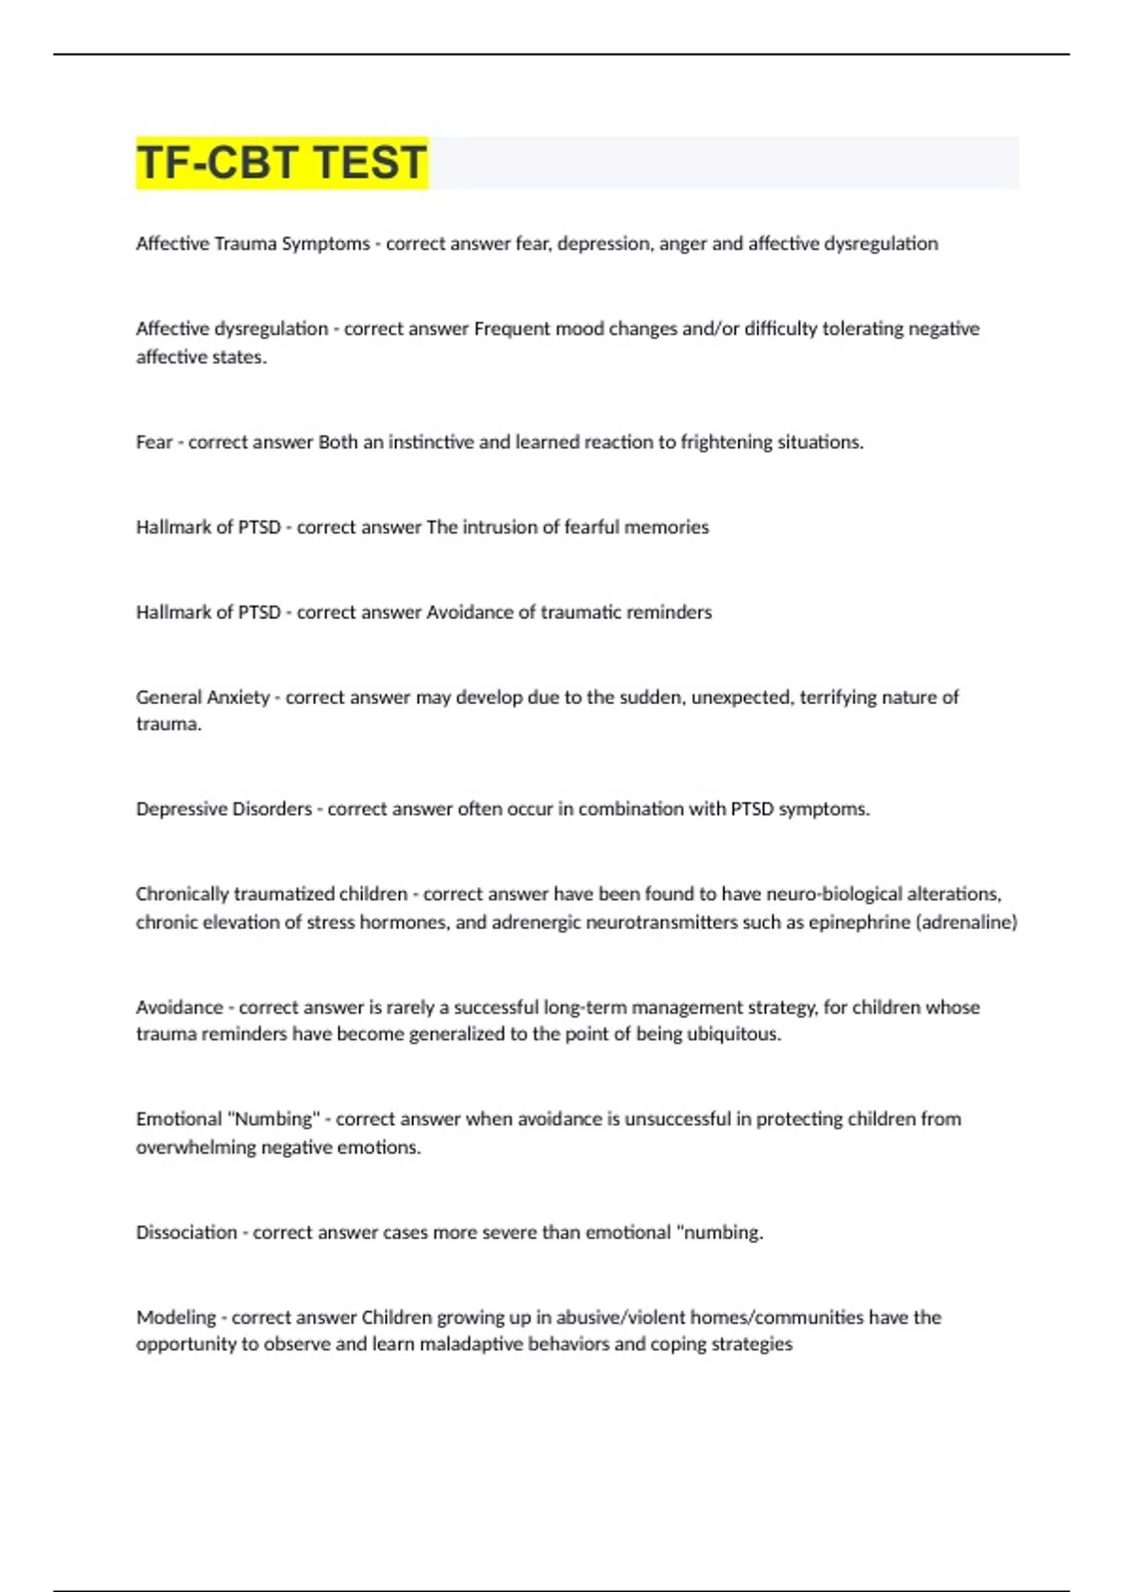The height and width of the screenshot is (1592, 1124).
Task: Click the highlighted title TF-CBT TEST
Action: (x=282, y=162)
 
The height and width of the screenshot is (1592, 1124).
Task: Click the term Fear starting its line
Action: (x=155, y=442)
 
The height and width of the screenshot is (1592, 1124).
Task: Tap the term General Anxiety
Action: (x=202, y=698)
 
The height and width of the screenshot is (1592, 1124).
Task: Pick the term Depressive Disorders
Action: (x=224, y=809)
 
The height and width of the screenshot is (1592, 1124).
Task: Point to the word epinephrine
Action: (x=859, y=922)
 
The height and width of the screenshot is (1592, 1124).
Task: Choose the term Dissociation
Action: (x=186, y=1232)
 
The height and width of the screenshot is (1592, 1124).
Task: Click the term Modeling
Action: (x=176, y=1318)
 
